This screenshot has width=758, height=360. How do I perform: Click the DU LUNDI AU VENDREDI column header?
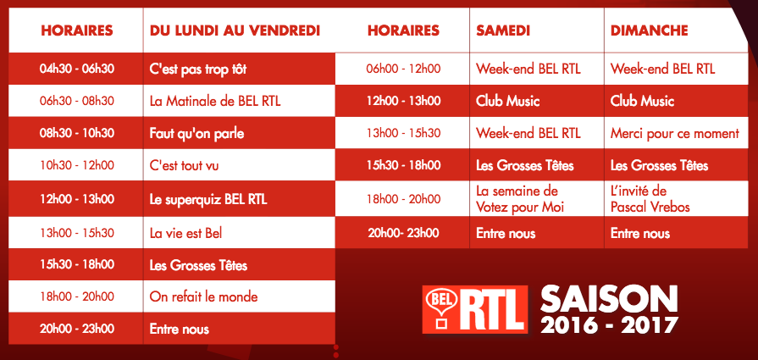pos(235,30)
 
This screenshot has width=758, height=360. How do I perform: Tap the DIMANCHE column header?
pos(650,30)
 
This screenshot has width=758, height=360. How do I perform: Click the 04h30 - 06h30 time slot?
pos(76,69)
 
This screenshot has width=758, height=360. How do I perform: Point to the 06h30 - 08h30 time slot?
pos(76,101)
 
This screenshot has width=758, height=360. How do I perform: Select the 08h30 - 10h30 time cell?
pos(76,133)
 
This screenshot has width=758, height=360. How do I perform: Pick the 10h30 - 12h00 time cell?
pos(76,166)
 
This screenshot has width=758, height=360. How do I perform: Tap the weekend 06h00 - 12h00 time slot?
pos(403,69)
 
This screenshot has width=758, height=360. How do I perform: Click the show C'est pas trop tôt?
pos(198,69)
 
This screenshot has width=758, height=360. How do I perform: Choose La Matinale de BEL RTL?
pos(215,101)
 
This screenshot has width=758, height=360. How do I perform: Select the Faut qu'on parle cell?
pos(195,133)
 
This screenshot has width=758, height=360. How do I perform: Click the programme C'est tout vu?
pos(184,166)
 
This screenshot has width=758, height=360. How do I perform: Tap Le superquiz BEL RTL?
pos(208,199)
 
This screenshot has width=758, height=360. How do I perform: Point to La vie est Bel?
pos(185,232)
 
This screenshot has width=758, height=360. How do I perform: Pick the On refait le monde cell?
pos(203,296)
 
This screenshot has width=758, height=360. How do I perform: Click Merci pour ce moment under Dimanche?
pos(675,133)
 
